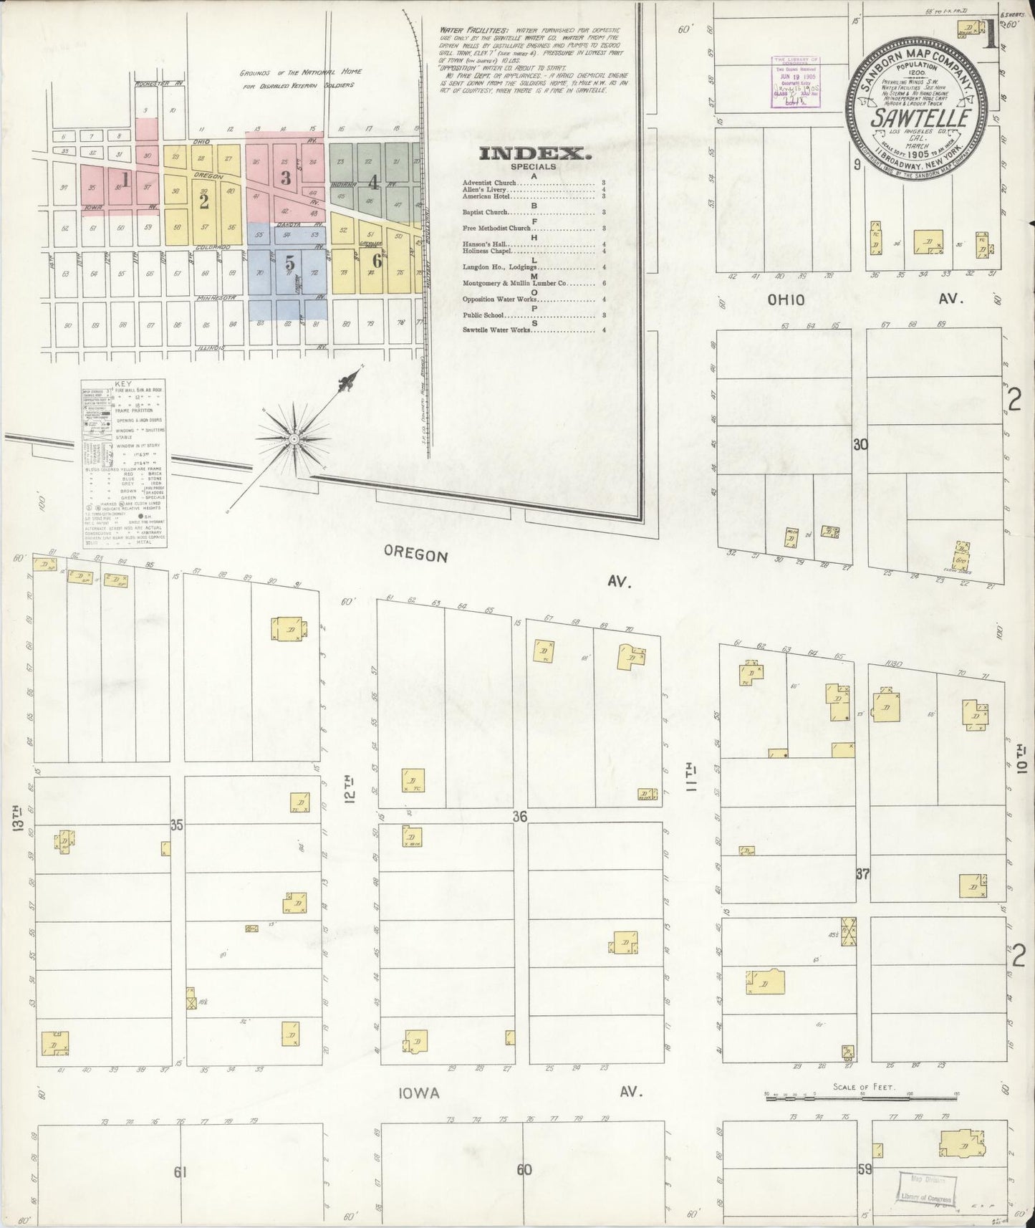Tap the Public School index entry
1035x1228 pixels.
click(483, 315)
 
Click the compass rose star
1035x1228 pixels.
click(293, 438)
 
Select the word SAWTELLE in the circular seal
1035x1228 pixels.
click(921, 117)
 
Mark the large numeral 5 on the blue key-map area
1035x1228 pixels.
click(289, 264)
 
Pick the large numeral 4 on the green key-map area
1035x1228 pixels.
click(372, 182)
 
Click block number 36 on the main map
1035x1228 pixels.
click(520, 816)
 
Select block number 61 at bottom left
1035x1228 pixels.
click(180, 1172)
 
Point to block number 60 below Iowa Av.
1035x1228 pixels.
click(524, 1169)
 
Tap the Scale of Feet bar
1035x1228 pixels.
click(862, 1095)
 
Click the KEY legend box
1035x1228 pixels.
click(124, 464)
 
